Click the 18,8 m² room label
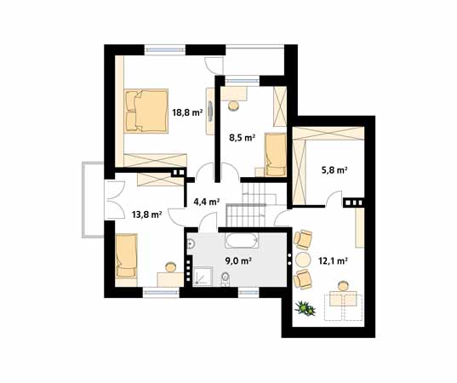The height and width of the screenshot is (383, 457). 187,112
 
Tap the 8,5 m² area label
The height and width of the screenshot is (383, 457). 243,137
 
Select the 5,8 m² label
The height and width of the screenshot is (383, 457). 334,170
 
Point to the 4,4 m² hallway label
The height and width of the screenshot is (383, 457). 207,202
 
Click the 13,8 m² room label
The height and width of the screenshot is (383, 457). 147,214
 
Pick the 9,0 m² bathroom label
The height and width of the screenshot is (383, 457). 238,261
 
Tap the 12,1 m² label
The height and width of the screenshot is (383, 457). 333,261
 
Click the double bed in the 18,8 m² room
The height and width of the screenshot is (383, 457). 146,111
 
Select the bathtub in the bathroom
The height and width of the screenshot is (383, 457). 242,241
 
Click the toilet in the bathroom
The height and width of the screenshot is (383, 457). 226,277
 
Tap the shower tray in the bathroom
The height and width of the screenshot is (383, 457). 203,276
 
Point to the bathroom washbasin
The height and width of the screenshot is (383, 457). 191,243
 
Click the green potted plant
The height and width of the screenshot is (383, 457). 305,308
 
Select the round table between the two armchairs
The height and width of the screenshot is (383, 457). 303,259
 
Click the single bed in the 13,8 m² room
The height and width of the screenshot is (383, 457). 126,255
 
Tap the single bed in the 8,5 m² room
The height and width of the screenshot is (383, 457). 276,155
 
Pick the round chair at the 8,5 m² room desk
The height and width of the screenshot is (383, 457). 233,106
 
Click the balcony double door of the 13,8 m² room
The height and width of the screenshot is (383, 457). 115,200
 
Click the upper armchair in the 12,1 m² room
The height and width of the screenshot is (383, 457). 303,240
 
